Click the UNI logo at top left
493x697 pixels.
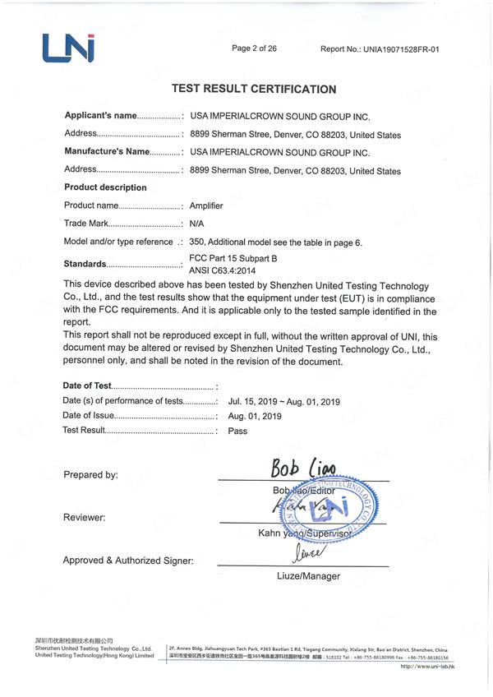(68, 48)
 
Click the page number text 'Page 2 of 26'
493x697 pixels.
(254, 48)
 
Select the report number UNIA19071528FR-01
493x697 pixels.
(380, 49)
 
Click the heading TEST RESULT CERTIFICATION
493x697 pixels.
(253, 89)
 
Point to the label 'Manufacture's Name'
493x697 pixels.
(108, 152)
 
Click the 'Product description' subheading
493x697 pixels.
(105, 187)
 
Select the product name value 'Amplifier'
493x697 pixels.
(206, 205)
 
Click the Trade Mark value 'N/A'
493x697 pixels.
(197, 224)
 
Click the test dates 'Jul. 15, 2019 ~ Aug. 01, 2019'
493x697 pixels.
(283, 402)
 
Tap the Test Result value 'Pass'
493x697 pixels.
(237, 431)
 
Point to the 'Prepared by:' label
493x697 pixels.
(90, 475)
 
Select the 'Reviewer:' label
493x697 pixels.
(84, 518)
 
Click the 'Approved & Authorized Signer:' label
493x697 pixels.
(128, 561)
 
